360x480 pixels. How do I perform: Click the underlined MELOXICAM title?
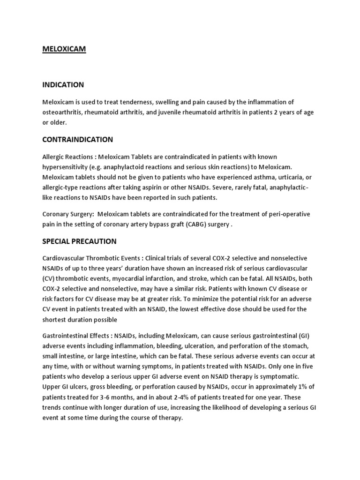tap(64, 49)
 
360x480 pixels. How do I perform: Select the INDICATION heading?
tap(63, 85)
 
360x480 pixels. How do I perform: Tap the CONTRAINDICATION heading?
tap(77, 139)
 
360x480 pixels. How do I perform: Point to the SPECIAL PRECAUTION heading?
tap(79, 241)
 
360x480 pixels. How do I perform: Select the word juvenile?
tap(188, 112)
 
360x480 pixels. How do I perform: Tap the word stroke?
tap(205, 278)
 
